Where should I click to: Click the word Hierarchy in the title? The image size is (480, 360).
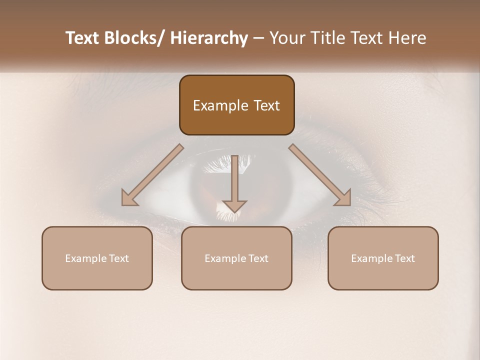click(208, 38)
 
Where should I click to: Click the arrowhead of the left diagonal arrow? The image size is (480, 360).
click(129, 198)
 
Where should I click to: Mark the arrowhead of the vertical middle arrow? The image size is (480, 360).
click(234, 205)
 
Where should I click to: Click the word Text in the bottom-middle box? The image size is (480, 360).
click(257, 258)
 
